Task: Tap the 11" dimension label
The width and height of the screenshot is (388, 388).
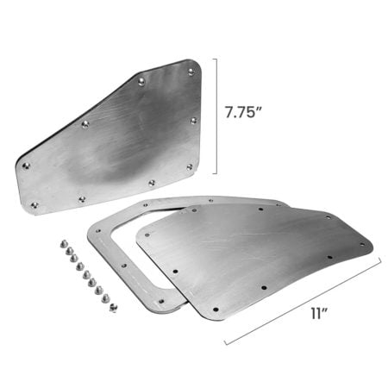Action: (x=320, y=314)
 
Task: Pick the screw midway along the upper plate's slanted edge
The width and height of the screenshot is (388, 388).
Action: (x=84, y=124)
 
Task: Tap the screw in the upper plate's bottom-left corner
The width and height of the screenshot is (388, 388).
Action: (x=34, y=204)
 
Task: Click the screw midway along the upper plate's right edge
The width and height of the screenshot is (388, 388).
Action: (x=194, y=120)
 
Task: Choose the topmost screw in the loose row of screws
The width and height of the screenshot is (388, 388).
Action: (x=65, y=244)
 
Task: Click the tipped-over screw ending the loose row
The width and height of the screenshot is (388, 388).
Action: (x=112, y=308)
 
